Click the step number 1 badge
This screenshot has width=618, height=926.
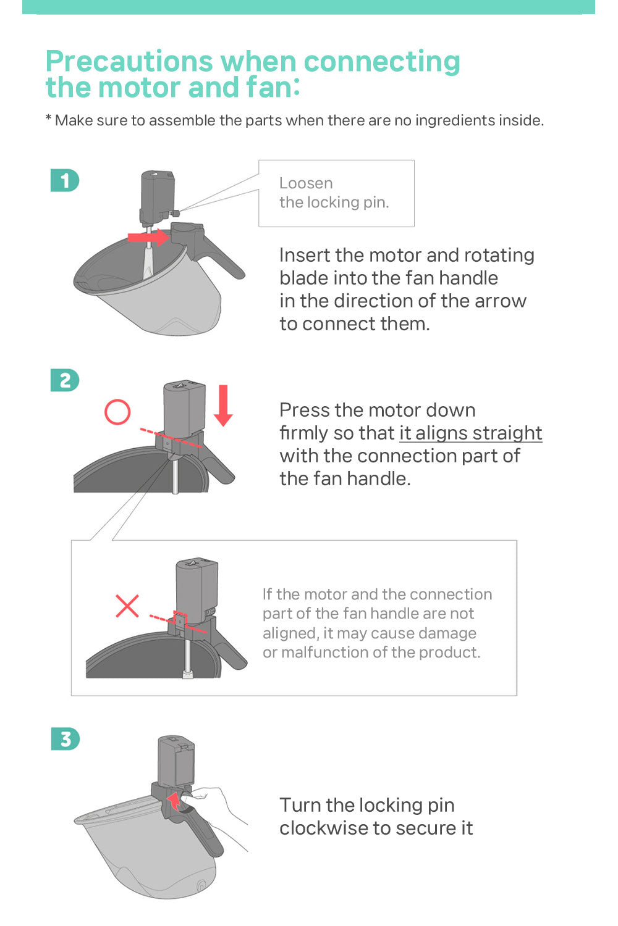pyautogui.click(x=64, y=180)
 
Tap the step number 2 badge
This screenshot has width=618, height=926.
pyautogui.click(x=64, y=380)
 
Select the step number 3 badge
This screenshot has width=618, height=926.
pyautogui.click(x=65, y=739)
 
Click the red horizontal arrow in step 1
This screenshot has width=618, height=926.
pyautogui.click(x=148, y=237)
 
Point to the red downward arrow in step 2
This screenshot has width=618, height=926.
pyautogui.click(x=223, y=405)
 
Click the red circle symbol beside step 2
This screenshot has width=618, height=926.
pyautogui.click(x=117, y=412)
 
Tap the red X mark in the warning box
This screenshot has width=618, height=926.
pyautogui.click(x=127, y=606)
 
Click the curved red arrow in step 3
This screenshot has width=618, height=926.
pyautogui.click(x=176, y=801)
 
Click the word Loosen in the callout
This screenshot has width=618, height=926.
pyautogui.click(x=306, y=183)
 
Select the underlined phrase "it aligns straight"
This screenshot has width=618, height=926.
pyautogui.click(x=471, y=433)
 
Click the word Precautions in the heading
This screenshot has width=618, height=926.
pyautogui.click(x=129, y=61)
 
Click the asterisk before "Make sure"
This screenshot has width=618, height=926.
pyautogui.click(x=48, y=119)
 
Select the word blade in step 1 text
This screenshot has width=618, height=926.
pyautogui.click(x=300, y=278)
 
